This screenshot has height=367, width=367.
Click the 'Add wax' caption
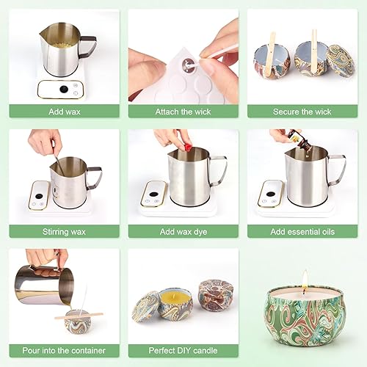pyautogui.click(x=65, y=112)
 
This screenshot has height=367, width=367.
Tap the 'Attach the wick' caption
pyautogui.click(x=183, y=112)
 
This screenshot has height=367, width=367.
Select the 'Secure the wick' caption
pyautogui.click(x=302, y=112)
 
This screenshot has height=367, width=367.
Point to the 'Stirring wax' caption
pyautogui.click(x=64, y=231)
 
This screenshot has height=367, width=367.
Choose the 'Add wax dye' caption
pyautogui.click(x=183, y=231)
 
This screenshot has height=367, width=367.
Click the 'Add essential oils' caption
pyautogui.click(x=302, y=231)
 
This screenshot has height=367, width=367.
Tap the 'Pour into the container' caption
pyautogui.click(x=64, y=350)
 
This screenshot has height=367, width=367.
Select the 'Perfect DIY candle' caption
pyautogui.click(x=183, y=350)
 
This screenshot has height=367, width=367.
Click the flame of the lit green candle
pyautogui.click(x=305, y=280)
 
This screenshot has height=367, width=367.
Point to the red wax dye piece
pyautogui.click(x=188, y=148)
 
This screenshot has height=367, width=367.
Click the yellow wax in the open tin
pyautogui.click(x=175, y=297)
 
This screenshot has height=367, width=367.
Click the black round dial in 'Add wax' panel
pyautogui.click(x=64, y=90)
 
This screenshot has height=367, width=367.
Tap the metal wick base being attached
pyautogui.click(x=187, y=64)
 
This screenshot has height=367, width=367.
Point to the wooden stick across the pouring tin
pyautogui.click(x=79, y=316)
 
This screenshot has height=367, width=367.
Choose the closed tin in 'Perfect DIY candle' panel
pyautogui.click(x=216, y=294)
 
